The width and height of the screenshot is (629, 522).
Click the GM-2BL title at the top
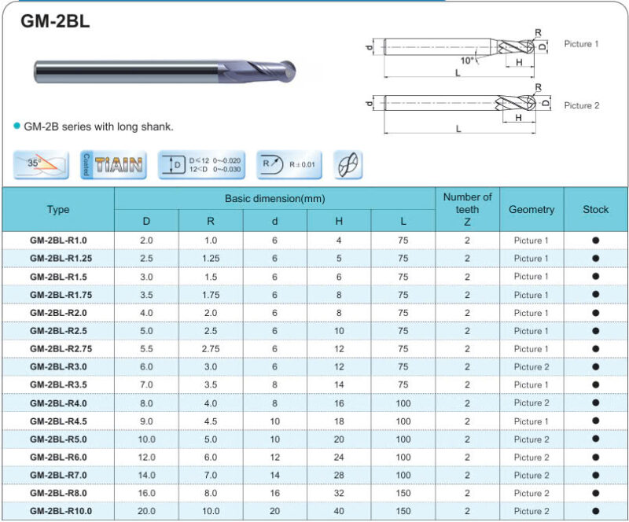click(55, 21)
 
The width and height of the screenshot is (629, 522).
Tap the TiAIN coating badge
click(113, 164)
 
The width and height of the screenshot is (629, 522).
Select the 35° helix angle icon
click(41, 164)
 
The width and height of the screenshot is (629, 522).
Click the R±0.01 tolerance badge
click(289, 164)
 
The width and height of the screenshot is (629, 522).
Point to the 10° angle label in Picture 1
click(467, 61)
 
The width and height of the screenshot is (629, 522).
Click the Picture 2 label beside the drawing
click(581, 105)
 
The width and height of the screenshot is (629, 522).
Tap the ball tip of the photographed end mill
click(288, 72)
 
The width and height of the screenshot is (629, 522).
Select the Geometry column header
click(532, 209)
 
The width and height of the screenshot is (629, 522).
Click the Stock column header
click(596, 209)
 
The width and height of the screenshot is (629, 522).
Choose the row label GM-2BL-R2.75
click(61, 349)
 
